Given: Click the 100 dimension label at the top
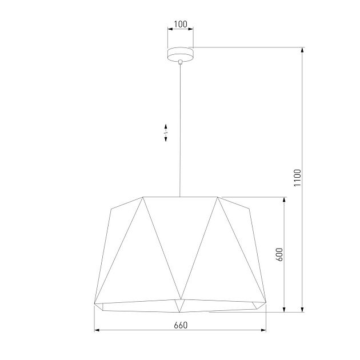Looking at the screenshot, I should pyautogui.click(x=180, y=24).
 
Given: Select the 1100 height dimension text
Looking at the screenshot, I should pyautogui.click(x=297, y=178).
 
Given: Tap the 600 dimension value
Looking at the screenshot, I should pyautogui.click(x=279, y=254).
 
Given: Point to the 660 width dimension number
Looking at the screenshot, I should pyautogui.click(x=180, y=325).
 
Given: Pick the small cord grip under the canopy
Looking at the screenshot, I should pyautogui.click(x=180, y=61).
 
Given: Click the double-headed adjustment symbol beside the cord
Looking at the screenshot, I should pyautogui.click(x=166, y=133).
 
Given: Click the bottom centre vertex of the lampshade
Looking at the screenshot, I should pyautogui.click(x=180, y=312).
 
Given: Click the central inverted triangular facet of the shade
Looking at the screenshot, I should pyautogui.click(x=180, y=240).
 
